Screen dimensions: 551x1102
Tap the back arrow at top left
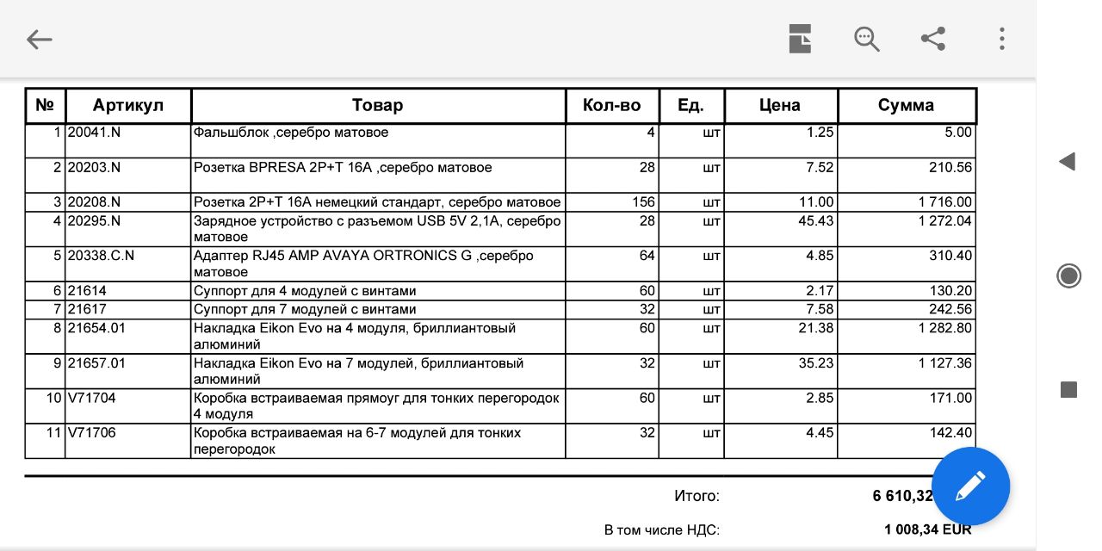(40, 40)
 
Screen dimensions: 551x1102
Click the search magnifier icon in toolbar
(866, 39)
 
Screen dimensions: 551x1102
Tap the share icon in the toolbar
(933, 39)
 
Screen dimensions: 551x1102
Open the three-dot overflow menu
(1001, 39)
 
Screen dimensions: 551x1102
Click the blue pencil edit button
(970, 486)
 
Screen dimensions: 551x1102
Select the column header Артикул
(128, 106)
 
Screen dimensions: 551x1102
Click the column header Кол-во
(612, 106)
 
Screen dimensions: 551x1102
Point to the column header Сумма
(906, 106)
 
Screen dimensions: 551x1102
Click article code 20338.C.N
(102, 256)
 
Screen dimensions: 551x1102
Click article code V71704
(92, 398)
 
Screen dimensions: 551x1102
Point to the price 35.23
(816, 363)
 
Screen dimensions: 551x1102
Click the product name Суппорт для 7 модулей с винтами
(305, 309)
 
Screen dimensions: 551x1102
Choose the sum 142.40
(950, 433)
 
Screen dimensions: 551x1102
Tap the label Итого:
(696, 496)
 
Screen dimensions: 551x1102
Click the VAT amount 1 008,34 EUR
(927, 529)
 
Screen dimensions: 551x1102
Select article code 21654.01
(96, 328)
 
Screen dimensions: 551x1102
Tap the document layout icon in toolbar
(800, 39)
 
